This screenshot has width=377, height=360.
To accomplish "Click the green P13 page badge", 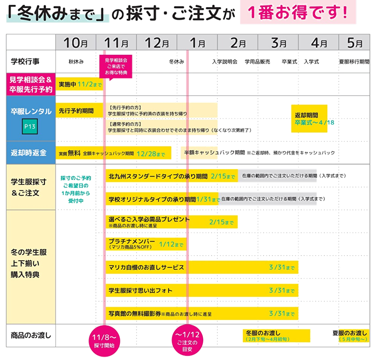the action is tap(30, 126).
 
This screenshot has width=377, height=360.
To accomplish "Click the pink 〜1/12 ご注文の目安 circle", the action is tap(187, 340).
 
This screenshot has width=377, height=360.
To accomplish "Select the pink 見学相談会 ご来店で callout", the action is tap(115, 66).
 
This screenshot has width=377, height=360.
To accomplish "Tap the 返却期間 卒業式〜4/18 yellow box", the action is tap(309, 118).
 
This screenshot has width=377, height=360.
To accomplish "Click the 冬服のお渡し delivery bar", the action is tap(277, 336).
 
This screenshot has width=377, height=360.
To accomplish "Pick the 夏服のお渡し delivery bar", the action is tap(354, 336).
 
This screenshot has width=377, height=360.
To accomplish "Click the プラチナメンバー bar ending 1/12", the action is tap(146, 244).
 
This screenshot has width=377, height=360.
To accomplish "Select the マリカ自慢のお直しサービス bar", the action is tap(202, 267).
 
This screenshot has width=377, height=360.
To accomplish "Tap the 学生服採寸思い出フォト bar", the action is tap(202, 290).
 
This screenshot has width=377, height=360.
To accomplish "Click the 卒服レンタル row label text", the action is tap(31, 111).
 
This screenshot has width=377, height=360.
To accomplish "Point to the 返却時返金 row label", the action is tap(29, 153).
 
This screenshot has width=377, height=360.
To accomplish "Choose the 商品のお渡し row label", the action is tap(31, 335).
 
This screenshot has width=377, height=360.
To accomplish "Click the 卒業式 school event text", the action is tap(289, 62).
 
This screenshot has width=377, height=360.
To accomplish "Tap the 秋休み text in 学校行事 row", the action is tap(76, 62).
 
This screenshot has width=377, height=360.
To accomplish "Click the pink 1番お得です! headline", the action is tap(298, 12).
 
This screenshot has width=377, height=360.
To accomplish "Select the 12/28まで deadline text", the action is tap(151, 154).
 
